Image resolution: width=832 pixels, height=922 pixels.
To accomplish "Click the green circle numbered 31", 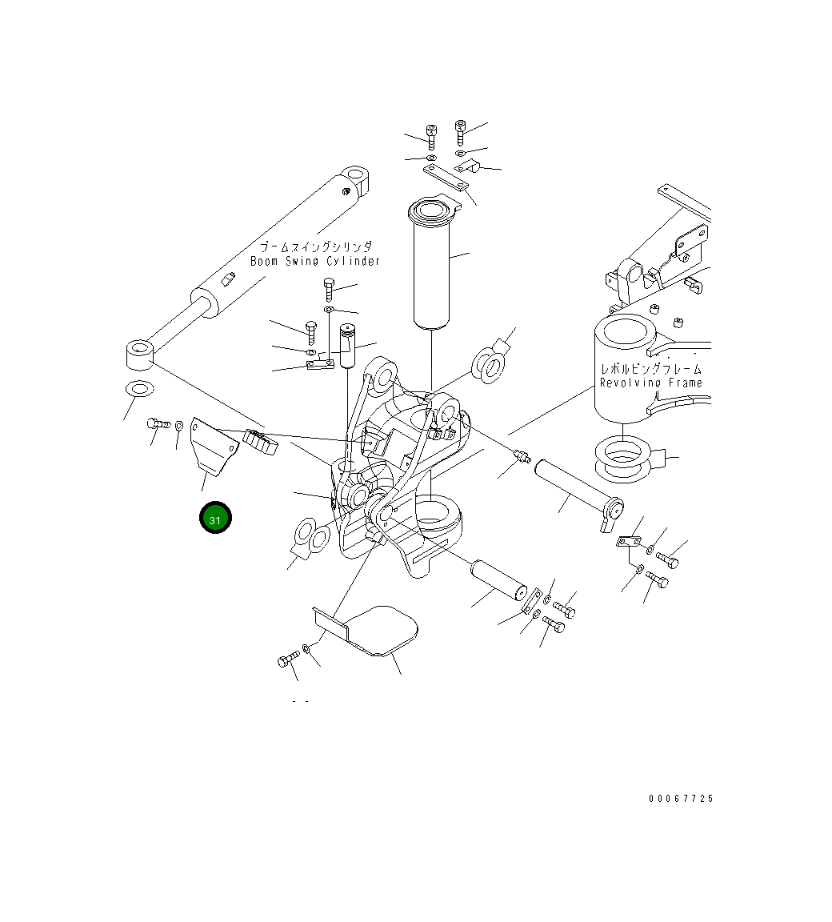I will pyautogui.click(x=215, y=519).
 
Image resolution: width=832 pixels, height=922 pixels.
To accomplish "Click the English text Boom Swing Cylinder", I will pyautogui.click(x=315, y=262).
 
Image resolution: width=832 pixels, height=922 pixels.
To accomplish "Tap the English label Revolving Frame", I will pyautogui.click(x=650, y=383).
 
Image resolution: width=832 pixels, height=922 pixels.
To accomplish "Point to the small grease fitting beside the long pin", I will pyautogui.click(x=522, y=456).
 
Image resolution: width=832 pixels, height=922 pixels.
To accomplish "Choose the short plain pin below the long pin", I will pyautogui.click(x=498, y=578).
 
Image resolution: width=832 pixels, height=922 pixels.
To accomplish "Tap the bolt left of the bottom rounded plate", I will pyautogui.click(x=287, y=659).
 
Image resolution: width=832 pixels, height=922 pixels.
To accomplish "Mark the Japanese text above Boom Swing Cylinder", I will pyautogui.click(x=315, y=247).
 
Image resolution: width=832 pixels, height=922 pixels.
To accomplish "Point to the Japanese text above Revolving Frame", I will pyautogui.click(x=650, y=369).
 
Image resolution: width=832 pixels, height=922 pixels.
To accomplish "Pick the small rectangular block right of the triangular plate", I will pyautogui.click(x=261, y=443).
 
